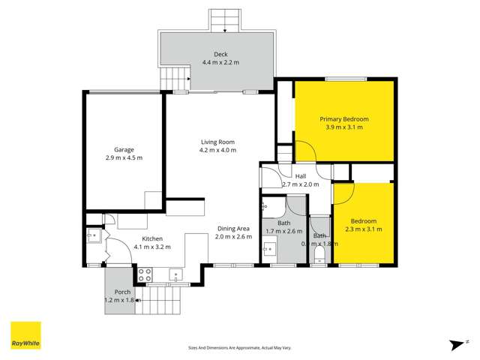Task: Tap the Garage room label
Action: point(124,149)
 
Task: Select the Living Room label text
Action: point(217,142)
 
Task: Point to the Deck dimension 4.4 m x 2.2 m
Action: point(220,62)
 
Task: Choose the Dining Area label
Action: point(233,228)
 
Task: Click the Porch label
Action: point(122,292)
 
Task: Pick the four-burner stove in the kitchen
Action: point(144,274)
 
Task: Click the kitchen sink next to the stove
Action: point(175,274)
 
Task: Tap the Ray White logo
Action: point(25,335)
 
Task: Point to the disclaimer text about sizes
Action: point(239,347)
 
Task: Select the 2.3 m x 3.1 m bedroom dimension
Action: point(364,229)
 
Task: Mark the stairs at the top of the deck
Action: point(223,20)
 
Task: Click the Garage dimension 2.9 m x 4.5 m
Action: point(124,158)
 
